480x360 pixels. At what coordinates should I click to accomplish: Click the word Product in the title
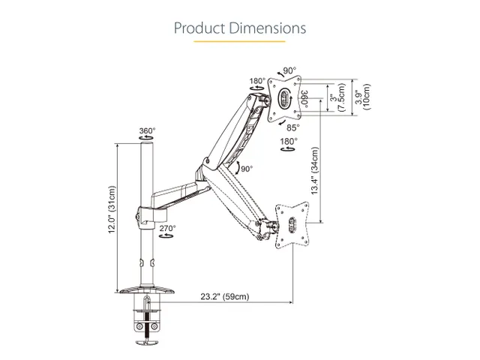(199, 28)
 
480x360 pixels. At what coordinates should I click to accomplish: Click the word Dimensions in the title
(268, 28)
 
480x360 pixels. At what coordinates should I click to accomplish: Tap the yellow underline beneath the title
(239, 41)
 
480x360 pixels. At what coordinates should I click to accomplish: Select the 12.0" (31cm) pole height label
(112, 210)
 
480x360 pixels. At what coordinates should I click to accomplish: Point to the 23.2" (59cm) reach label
(225, 296)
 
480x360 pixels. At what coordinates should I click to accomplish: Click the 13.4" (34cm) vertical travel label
(315, 171)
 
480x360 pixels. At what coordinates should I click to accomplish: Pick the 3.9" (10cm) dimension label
(363, 97)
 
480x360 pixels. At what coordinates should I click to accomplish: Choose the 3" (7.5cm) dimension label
(337, 97)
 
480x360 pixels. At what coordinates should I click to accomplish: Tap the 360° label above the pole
(147, 130)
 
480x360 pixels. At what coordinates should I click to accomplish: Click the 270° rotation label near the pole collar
(168, 228)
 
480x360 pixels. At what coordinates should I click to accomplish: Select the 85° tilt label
(293, 127)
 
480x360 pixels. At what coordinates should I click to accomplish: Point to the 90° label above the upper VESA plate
(289, 70)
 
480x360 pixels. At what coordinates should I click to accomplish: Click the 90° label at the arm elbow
(247, 169)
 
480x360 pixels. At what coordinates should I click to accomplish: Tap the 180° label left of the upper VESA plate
(257, 81)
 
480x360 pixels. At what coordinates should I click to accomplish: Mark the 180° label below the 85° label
(289, 142)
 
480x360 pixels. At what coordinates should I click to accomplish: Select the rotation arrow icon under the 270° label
(166, 235)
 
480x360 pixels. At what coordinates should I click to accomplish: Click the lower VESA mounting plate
(292, 225)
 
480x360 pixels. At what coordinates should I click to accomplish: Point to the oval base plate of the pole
(146, 289)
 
